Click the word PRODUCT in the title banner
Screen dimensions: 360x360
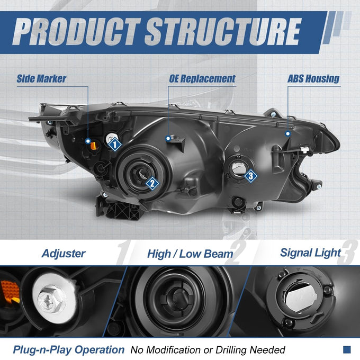(x=77, y=32)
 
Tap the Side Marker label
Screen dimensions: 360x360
(x=41, y=79)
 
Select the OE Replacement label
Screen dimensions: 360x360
(x=202, y=79)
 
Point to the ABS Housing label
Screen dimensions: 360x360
(x=313, y=79)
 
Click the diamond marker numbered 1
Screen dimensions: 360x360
(x=115, y=145)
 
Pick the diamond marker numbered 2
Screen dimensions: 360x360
(x=152, y=184)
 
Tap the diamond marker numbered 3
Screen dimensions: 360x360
(x=251, y=176)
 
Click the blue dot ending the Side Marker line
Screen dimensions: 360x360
(x=88, y=141)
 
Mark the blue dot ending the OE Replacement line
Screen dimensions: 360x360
(x=168, y=138)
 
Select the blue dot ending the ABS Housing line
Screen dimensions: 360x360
(x=287, y=133)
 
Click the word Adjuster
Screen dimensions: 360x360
(x=64, y=254)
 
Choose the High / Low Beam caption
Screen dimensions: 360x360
(x=190, y=254)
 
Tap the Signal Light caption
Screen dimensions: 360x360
(x=310, y=253)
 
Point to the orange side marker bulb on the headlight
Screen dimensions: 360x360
(x=94, y=146)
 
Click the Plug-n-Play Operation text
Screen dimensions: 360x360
(x=69, y=350)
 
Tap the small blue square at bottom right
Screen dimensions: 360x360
(x=347, y=349)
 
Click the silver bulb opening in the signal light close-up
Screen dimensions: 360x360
(x=301, y=296)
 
